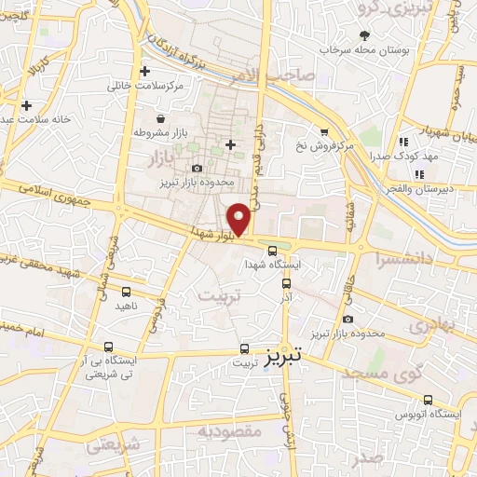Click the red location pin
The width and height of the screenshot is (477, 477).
[240, 218]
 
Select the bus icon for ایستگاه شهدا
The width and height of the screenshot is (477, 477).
[272, 250]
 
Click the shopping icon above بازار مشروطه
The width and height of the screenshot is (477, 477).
[163, 119]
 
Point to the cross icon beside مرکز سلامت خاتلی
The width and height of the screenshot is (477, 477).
[144, 71]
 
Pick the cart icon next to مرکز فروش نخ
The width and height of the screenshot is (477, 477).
[323, 131]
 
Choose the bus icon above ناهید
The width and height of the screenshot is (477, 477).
[123, 291]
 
